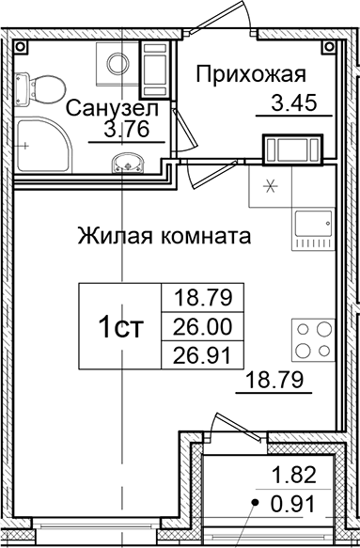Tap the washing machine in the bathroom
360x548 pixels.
117,65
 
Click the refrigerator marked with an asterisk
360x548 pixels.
273,186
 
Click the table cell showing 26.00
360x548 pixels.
202,326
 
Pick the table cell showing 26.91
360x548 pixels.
202,354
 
